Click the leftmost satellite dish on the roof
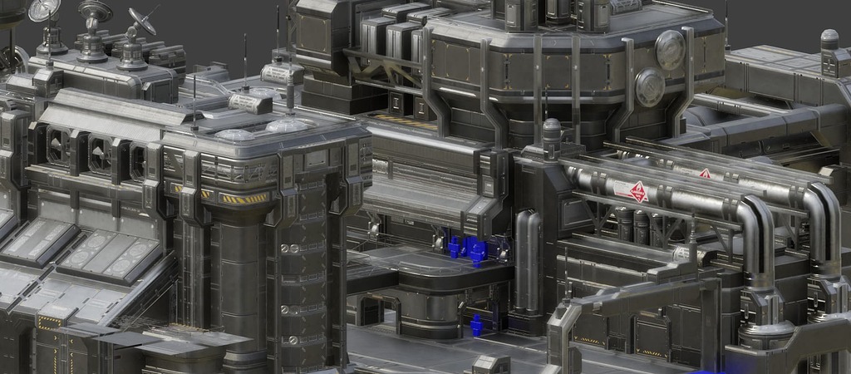point(44,10)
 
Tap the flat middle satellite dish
point(95,11)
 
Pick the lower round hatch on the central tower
point(649,86)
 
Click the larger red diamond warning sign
point(637,192)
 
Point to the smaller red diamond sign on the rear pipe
point(705,174)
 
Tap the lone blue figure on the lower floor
point(476,324)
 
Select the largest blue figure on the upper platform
point(474,249)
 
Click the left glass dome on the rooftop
point(235,134)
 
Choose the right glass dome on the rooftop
point(287,125)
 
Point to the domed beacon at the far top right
point(829,38)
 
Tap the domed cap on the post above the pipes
point(551,125)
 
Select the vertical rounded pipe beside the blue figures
point(527,258)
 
